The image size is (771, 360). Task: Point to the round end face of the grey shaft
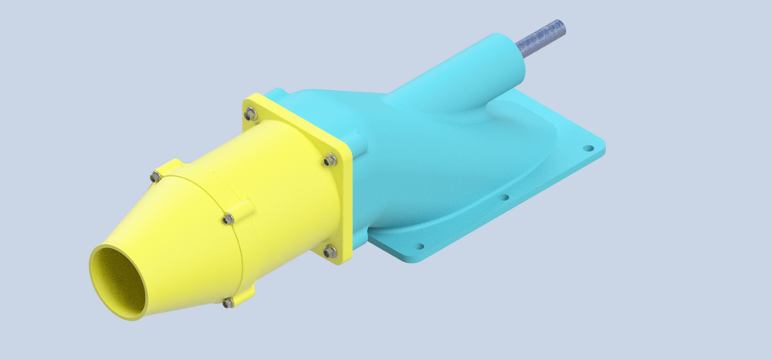(560, 27)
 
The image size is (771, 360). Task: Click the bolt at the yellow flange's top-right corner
(329, 161)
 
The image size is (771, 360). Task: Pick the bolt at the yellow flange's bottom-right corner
(330, 252)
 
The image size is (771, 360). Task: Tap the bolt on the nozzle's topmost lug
(155, 176)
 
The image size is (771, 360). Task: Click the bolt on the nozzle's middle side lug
(229, 218)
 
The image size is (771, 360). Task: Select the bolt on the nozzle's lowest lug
(228, 302)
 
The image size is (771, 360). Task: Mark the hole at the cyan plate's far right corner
(588, 149)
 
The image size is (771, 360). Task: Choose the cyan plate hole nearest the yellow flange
(418, 247)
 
